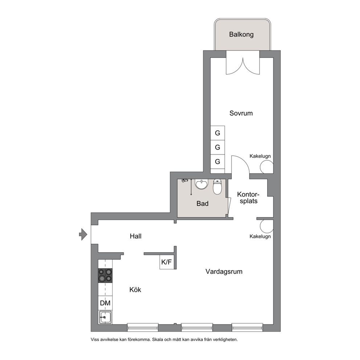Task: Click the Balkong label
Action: click(x=241, y=34)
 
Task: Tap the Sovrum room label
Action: click(x=241, y=113)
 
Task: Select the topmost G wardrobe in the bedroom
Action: click(x=217, y=133)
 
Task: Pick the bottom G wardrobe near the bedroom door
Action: click(x=217, y=161)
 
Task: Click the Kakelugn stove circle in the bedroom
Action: click(x=267, y=167)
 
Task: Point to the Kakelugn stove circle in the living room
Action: click(x=267, y=226)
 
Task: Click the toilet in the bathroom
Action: click(x=217, y=186)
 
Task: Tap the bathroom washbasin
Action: click(x=201, y=184)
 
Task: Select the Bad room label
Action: click(x=202, y=204)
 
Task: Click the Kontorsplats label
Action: click(x=248, y=198)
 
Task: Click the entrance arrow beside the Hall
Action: click(x=83, y=234)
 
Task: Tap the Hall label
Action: click(x=135, y=236)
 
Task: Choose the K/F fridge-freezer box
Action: click(x=167, y=262)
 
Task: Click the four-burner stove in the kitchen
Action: click(x=105, y=275)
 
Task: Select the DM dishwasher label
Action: click(x=105, y=303)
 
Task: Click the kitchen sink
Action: click(x=105, y=317)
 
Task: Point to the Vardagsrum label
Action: click(x=224, y=271)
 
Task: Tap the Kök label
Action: click(x=135, y=290)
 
